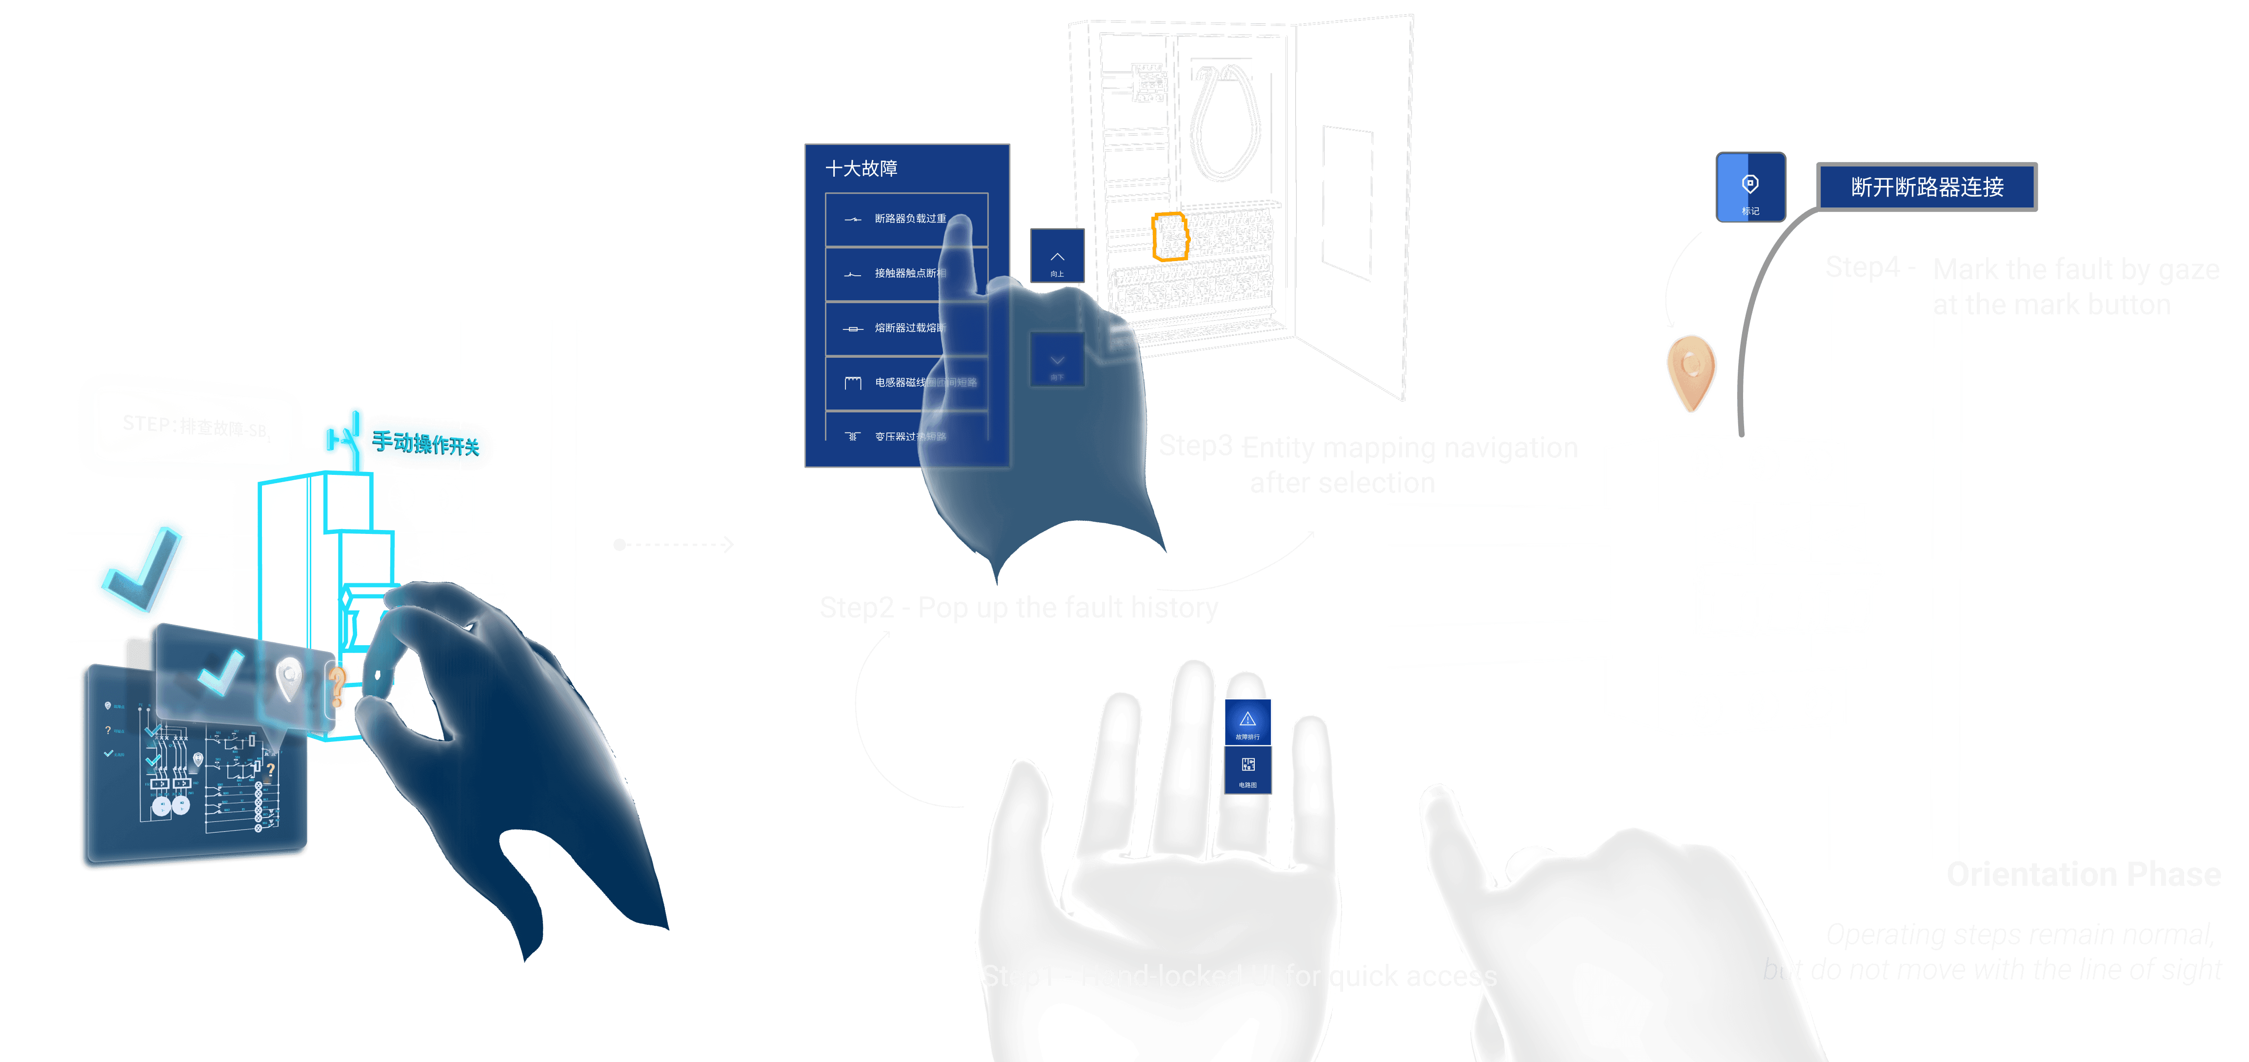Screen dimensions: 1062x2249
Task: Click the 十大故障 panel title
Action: click(861, 168)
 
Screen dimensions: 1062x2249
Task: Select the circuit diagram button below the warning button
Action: click(1247, 769)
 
